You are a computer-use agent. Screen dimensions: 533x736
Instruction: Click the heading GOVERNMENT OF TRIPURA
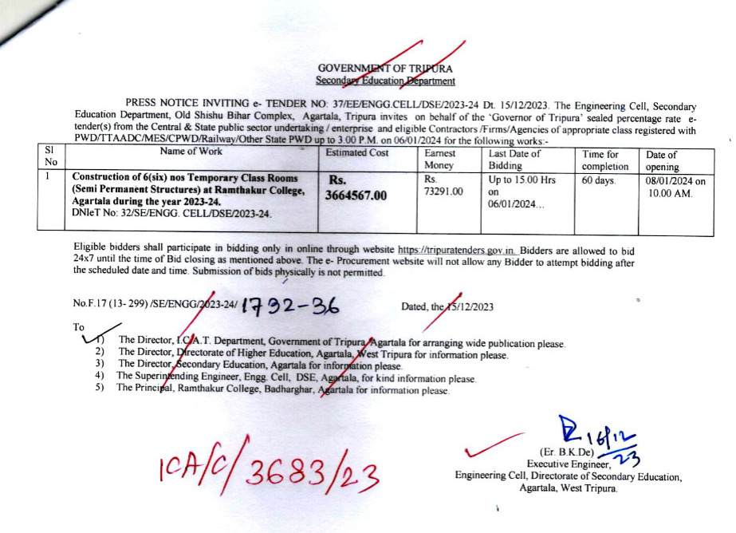coord(385,69)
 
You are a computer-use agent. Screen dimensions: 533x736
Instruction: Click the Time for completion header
coord(606,160)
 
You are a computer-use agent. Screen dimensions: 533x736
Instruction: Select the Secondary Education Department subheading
coord(385,81)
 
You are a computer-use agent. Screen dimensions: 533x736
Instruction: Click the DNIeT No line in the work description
coord(171,213)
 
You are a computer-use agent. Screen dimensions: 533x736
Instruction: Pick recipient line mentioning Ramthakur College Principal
coord(282,391)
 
